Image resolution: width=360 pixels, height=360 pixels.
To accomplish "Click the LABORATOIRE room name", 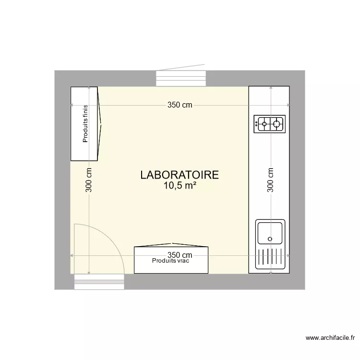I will [180, 175].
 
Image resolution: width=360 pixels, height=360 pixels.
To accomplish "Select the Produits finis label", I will [85, 124].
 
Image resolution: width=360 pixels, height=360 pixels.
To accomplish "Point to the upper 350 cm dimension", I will [180, 106].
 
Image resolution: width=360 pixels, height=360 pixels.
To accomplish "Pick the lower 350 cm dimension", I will [180, 255].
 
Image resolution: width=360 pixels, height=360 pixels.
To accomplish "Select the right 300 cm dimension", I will [270, 180].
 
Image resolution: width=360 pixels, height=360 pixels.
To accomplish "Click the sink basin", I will [270, 232].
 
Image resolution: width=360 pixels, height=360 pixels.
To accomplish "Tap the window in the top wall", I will [181, 79].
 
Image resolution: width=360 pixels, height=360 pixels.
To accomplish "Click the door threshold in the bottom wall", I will [99, 282].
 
